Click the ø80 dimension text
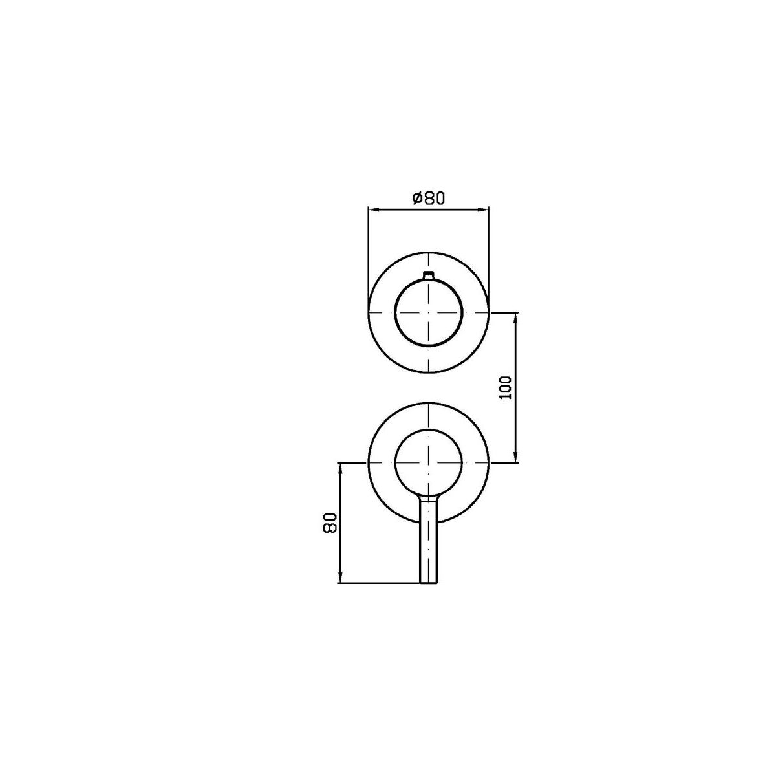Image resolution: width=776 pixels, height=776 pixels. tap(428, 198)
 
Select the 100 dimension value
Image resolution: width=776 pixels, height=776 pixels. tap(506, 387)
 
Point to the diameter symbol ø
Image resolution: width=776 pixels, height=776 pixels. tap(417, 198)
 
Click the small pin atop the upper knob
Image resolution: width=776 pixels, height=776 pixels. tap(429, 275)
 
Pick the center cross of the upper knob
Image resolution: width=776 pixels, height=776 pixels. tap(429, 312)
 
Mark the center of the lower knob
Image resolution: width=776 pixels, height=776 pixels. tap(429, 463)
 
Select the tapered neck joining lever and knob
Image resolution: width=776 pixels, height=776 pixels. tap(429, 498)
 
